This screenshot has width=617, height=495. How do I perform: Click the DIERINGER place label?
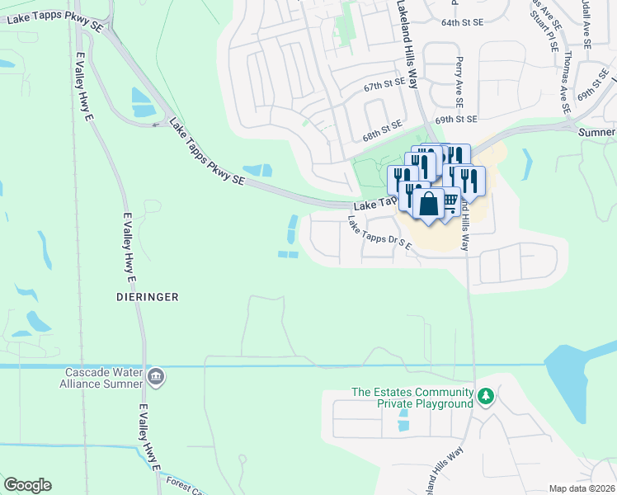tap(148, 295)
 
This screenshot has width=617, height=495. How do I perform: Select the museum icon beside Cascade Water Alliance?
tap(156, 378)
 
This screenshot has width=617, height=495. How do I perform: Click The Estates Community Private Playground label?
tap(412, 398)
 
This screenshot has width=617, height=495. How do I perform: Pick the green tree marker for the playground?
tap(487, 398)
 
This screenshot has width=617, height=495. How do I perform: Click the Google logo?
tap(27, 485)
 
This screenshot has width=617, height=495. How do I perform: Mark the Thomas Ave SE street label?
tap(565, 82)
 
